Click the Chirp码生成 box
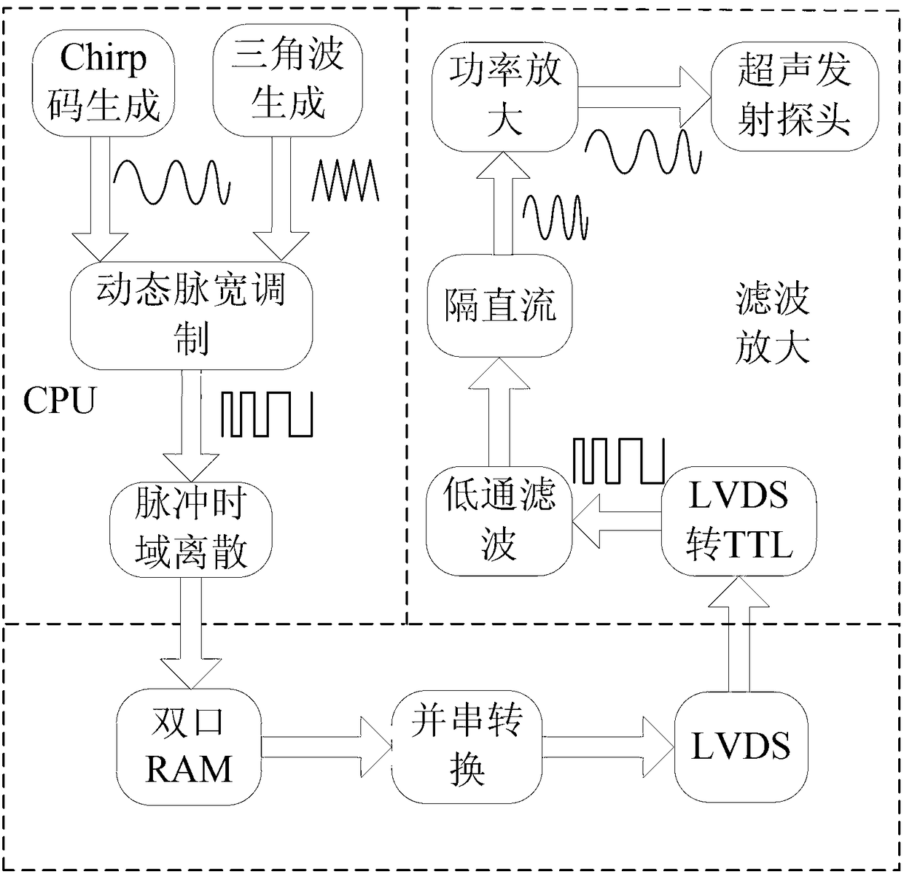pyautogui.click(x=103, y=83)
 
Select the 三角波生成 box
pyautogui.click(x=287, y=80)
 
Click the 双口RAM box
pyautogui.click(x=189, y=746)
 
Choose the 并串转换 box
pyautogui.click(x=467, y=746)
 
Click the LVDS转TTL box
pyautogui.click(x=739, y=520)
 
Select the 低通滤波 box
pyautogui.click(x=499, y=520)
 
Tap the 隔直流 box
pyautogui.click(x=500, y=306)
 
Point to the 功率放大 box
pyautogui.click(x=505, y=97)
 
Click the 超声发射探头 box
pyautogui.click(x=795, y=97)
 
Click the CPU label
pyautogui.click(x=59, y=401)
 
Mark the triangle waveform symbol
pyautogui.click(x=345, y=180)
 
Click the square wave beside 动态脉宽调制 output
pyautogui.click(x=267, y=414)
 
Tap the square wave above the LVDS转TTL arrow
pyautogui.click(x=619, y=460)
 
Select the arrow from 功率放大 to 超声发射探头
pyautogui.click(x=644, y=97)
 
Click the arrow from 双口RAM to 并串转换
pyautogui.click(x=327, y=747)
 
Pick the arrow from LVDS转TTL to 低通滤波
pyautogui.click(x=617, y=521)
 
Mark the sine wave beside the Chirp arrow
pyautogui.click(x=172, y=182)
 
